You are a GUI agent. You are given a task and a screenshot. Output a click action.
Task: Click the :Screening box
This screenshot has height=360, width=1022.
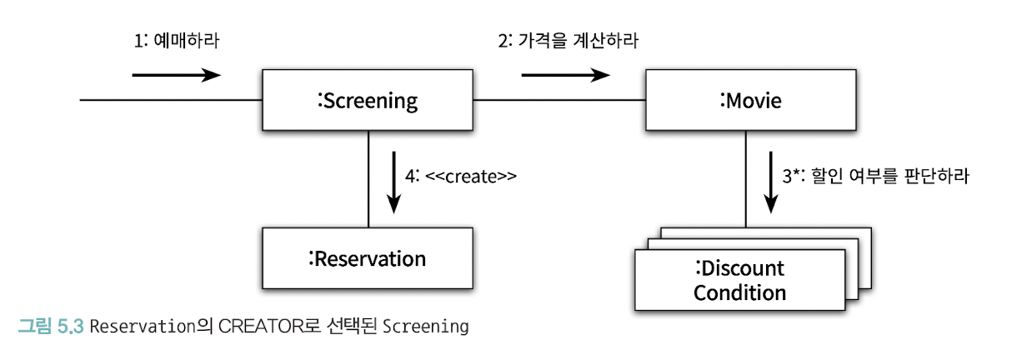pyautogui.click(x=368, y=101)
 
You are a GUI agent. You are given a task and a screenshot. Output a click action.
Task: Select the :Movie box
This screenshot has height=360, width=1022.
pyautogui.click(x=749, y=101)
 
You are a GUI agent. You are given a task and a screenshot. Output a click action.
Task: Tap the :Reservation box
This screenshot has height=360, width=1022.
pyautogui.click(x=368, y=258)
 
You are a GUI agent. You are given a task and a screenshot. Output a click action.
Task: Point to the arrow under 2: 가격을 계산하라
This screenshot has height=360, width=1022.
pyautogui.click(x=565, y=76)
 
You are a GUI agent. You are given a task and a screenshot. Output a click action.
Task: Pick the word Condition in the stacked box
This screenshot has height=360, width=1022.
pyautogui.click(x=739, y=292)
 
